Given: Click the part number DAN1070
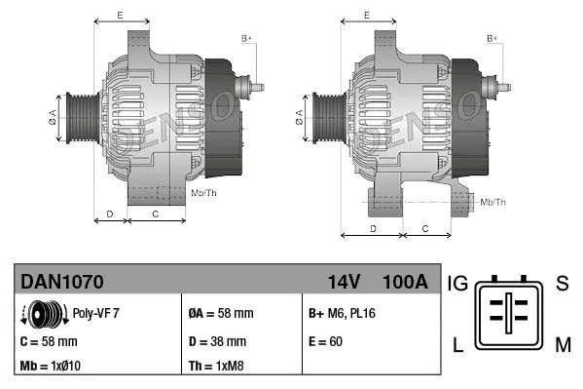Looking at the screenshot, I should [62, 282].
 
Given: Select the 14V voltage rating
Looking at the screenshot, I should [344, 282].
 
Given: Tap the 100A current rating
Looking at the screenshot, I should [404, 282].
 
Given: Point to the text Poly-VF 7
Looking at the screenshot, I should [96, 314].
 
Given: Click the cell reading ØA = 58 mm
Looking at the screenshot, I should [221, 314].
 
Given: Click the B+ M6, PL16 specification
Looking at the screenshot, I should [344, 314].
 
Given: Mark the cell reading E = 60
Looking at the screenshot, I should [324, 341].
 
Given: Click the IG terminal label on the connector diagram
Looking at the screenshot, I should [458, 284].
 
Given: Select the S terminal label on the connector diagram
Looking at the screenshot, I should [562, 284].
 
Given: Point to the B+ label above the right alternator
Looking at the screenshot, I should [492, 38].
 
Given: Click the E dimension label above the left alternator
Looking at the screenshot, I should [120, 16].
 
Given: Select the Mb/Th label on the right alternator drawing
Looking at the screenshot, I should [493, 202].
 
